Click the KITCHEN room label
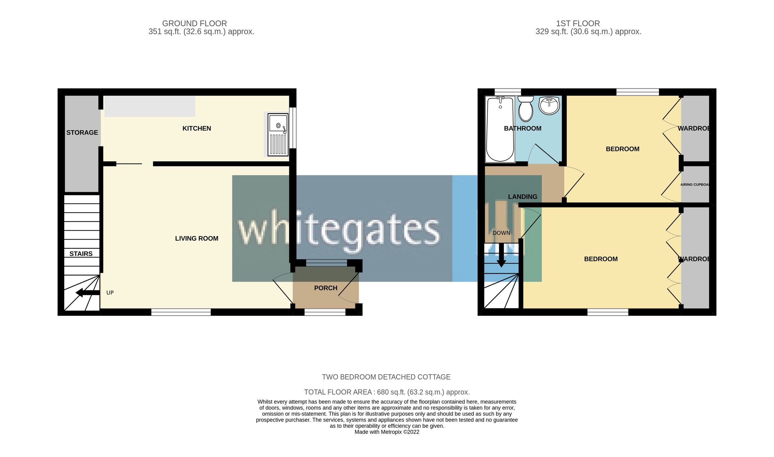197,128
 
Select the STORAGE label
82,133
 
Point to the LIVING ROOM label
197,238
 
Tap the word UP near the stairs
110,293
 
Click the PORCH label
326,288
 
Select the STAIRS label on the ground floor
81,254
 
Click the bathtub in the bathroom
500,129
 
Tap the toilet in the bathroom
526,109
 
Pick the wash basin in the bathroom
549,105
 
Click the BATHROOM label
522,128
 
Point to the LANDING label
522,197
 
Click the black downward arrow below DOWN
501,255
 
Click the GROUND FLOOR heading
194,24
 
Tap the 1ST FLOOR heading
578,24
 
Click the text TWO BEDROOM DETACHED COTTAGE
386,377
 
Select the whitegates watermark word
339,230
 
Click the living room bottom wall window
181,312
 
